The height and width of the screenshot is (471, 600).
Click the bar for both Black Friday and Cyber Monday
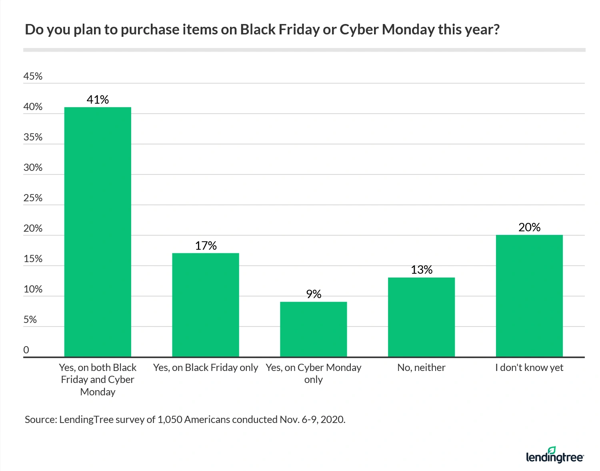point(98,232)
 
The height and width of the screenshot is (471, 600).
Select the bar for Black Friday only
point(206,305)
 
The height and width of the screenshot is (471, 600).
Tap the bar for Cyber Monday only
point(313,329)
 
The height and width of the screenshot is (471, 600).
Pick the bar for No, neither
point(421,317)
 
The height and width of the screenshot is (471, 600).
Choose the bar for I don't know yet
point(529,296)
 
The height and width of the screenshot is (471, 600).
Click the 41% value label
point(98,100)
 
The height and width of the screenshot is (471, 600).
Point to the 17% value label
point(206,246)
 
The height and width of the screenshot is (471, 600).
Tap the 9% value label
point(314,295)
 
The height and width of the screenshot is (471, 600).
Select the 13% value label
point(422,270)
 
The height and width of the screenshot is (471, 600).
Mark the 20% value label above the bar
point(529,227)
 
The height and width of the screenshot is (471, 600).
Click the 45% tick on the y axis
point(33,76)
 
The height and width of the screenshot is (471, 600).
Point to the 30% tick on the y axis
point(33,168)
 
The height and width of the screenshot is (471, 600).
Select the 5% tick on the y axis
point(30,320)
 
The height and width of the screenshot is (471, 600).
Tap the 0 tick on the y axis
point(26,350)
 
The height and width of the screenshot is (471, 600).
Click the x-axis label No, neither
point(421,368)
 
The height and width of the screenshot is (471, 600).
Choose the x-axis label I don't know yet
point(529,368)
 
